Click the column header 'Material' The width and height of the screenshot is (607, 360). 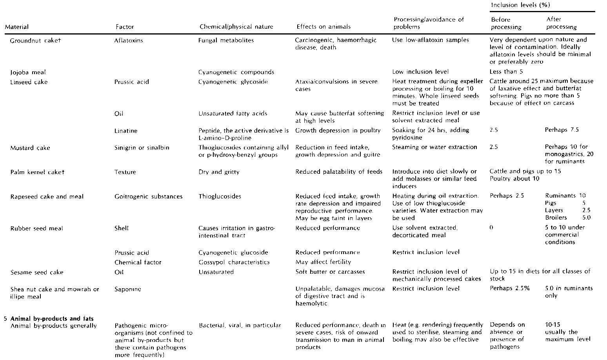coord(16,27)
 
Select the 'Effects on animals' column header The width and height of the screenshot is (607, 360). coord(323,27)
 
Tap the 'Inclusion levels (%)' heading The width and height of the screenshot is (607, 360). coord(520,5)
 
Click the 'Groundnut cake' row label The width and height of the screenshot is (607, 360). coord(35,40)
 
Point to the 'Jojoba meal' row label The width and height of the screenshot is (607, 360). coord(28,72)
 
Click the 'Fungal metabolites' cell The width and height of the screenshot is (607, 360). coord(226,40)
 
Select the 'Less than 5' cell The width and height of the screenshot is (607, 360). coord(506,72)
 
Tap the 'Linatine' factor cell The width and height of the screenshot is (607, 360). coord(126,131)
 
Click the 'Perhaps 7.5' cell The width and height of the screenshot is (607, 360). coord(562,130)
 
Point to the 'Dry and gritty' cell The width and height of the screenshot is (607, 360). coord(219,172)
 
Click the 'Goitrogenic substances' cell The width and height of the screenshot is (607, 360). coord(148,196)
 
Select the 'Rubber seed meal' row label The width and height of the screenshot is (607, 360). coord(36,228)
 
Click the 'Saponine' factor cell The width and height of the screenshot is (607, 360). coord(127,289)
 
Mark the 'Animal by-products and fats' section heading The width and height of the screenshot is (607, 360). coord(52,318)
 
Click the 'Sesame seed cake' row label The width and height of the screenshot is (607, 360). coord(36,272)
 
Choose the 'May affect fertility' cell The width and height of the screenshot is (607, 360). coord(323,262)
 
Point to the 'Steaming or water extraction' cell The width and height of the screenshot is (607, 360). coord(434,147)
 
